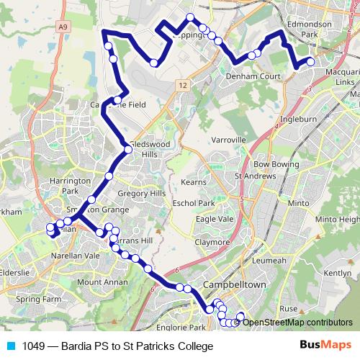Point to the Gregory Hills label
pos(142,194)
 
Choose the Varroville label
pos(230,139)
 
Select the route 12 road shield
pos(184,85)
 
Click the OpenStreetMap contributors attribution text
pos(297,322)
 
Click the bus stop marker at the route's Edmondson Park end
pos(311,62)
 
